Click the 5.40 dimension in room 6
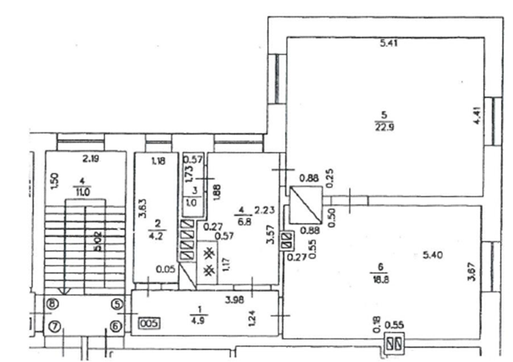[433, 255]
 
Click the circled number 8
[52, 303]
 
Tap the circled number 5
[116, 303]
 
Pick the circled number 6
[116, 326]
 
